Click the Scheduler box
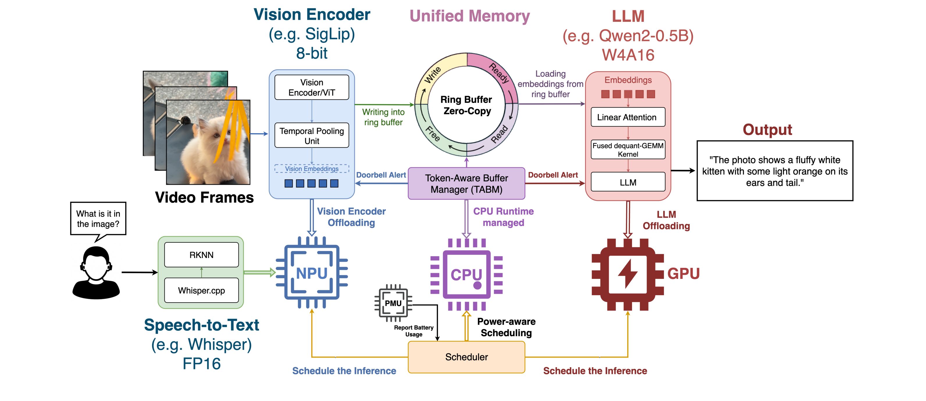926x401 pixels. pyautogui.click(x=466, y=357)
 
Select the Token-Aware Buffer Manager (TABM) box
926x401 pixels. pyautogui.click(x=466, y=184)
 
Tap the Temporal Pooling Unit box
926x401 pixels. pyautogui.click(x=312, y=135)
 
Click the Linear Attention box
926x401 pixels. pyautogui.click(x=628, y=117)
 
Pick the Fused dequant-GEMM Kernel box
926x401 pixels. pyautogui.click(x=628, y=149)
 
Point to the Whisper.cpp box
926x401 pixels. pyautogui.click(x=201, y=290)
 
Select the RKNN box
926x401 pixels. pyautogui.click(x=201, y=255)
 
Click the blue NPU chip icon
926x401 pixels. pyautogui.click(x=312, y=273)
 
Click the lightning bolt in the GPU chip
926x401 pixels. pyautogui.click(x=628, y=274)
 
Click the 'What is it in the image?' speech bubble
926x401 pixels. pyautogui.click(x=98, y=219)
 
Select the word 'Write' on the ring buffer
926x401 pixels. pyautogui.click(x=432, y=75)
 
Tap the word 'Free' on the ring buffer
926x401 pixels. pyautogui.click(x=432, y=134)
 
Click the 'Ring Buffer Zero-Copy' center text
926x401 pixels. pyautogui.click(x=466, y=105)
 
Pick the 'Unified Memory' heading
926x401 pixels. pyautogui.click(x=469, y=16)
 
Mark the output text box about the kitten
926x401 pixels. pyautogui.click(x=775, y=171)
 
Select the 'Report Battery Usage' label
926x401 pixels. pyautogui.click(x=414, y=331)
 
